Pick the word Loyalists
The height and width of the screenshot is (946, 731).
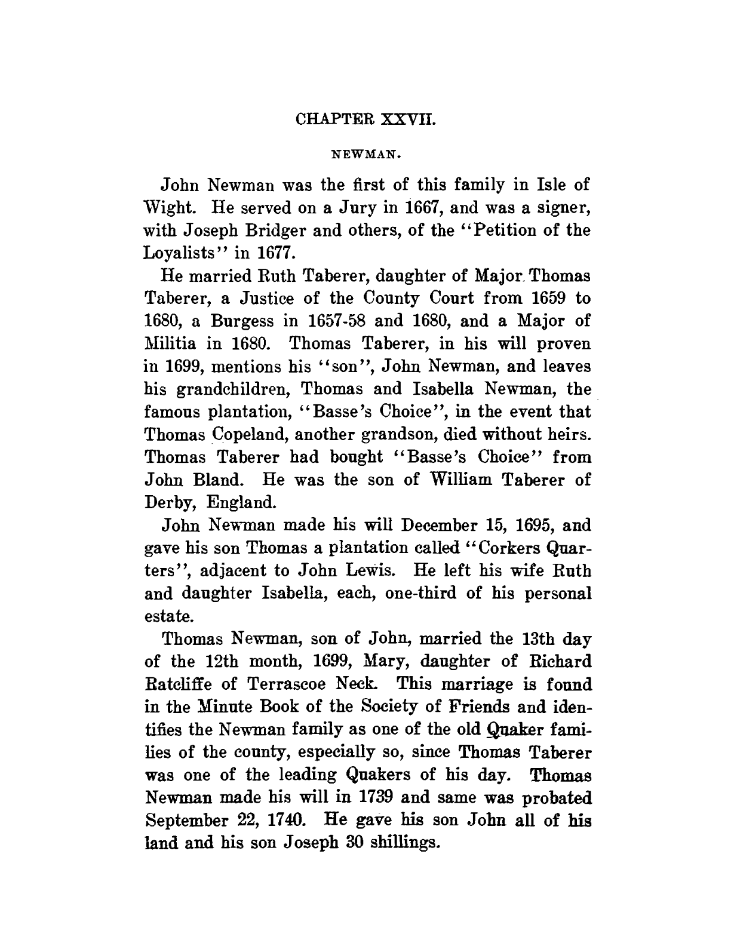coord(191,253)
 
